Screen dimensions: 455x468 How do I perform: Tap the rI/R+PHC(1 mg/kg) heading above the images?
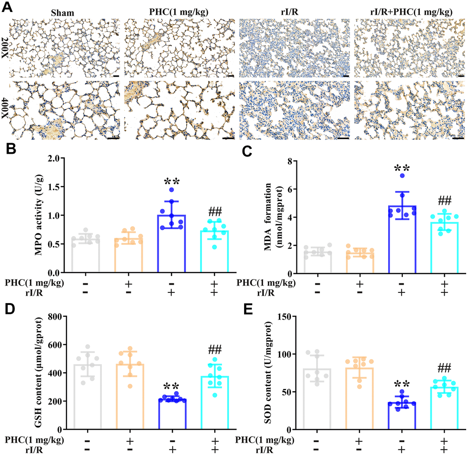(x=410, y=12)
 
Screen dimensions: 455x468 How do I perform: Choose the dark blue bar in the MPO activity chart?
(x=172, y=243)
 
